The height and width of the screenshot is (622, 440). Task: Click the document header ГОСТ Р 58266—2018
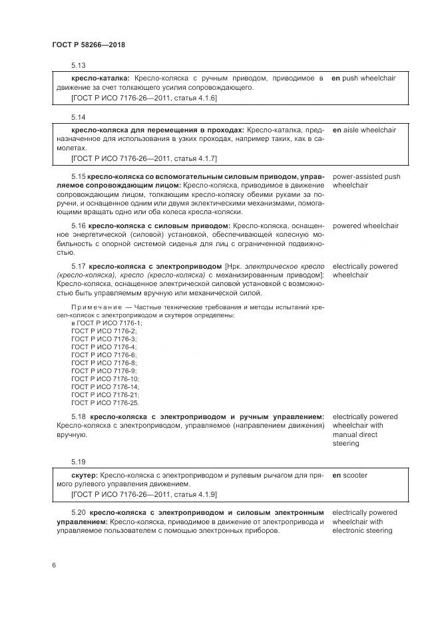point(89,45)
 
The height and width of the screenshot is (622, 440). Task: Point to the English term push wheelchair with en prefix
point(363,78)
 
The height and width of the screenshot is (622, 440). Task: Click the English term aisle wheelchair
point(364,130)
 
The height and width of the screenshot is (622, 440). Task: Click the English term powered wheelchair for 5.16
point(365,226)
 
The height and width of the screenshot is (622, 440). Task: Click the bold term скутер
point(84,476)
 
